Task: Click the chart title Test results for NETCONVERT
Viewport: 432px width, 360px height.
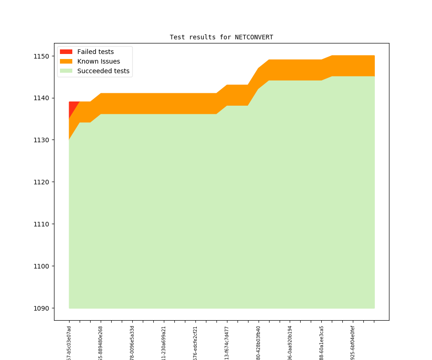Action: (221, 37)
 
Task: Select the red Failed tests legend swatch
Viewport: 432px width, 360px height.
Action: (66, 52)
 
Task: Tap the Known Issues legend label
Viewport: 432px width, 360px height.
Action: (98, 61)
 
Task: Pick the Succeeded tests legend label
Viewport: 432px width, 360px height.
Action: (103, 71)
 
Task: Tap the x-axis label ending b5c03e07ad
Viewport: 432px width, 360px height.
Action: (69, 343)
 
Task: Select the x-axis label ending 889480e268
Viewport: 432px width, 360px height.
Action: (101, 343)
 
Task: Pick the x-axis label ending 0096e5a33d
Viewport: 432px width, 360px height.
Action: (132, 343)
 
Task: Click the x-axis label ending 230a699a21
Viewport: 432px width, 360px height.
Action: (164, 343)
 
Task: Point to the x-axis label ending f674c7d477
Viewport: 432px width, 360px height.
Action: (227, 343)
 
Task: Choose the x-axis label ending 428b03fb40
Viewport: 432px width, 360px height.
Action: (259, 343)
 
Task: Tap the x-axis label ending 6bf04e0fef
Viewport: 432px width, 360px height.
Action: (353, 343)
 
